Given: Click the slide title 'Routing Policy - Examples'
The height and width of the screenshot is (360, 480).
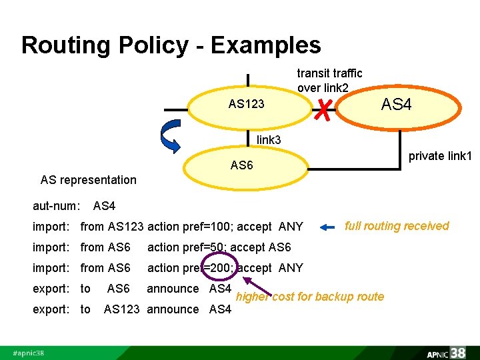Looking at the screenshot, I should click(171, 45).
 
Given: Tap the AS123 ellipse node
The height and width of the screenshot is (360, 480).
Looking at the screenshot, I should click(246, 104).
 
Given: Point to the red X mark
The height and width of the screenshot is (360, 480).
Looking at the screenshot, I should click(323, 107).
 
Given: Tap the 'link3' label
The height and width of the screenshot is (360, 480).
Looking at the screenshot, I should click(269, 139).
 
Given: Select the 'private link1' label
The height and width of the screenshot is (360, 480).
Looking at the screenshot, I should click(440, 156).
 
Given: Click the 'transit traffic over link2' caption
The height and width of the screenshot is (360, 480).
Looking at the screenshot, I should click(329, 80).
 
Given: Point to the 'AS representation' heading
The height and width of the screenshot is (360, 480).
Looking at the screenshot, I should click(88, 179).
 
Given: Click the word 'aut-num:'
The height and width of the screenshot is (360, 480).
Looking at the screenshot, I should click(57, 207).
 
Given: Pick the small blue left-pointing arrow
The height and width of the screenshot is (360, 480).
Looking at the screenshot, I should click(328, 227).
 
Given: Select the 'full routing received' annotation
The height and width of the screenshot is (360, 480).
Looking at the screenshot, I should click(397, 226).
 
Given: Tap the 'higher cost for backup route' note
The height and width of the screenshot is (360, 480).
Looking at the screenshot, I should click(311, 297).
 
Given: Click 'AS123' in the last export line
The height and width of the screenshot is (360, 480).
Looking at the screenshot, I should click(123, 309).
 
